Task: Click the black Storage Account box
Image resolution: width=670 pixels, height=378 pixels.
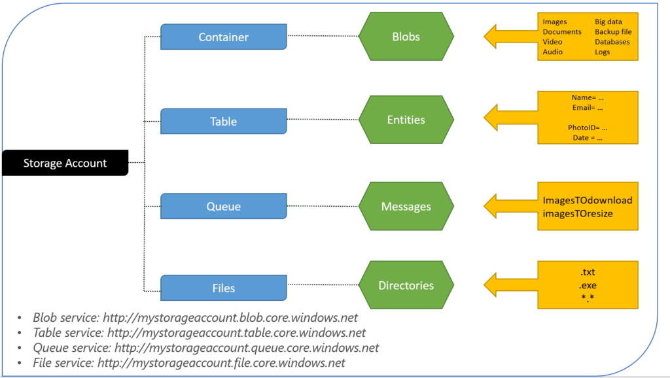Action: pyautogui.click(x=64, y=163)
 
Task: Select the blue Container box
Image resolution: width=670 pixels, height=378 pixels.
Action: pyautogui.click(x=223, y=37)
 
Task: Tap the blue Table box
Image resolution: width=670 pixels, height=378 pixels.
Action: pyautogui.click(x=223, y=122)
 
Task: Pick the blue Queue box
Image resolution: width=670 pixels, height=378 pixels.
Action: pyautogui.click(x=223, y=207)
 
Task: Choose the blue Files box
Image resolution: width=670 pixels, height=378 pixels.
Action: pyautogui.click(x=223, y=288)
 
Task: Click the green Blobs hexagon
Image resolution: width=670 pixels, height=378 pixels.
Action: pyautogui.click(x=406, y=37)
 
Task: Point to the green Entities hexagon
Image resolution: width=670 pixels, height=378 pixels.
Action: pyautogui.click(x=406, y=120)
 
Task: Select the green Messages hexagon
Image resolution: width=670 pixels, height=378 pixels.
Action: pyautogui.click(x=406, y=207)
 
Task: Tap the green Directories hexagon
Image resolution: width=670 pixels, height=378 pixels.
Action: pyautogui.click(x=406, y=286)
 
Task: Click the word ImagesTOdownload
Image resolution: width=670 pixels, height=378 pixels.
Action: pyautogui.click(x=587, y=200)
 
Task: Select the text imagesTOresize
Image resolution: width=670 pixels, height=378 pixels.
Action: pyautogui.click(x=578, y=214)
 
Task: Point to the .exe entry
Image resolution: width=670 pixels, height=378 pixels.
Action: pyautogui.click(x=588, y=286)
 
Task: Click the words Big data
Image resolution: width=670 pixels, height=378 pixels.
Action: pyautogui.click(x=608, y=22)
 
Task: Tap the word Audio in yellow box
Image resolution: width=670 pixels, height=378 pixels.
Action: pyautogui.click(x=552, y=52)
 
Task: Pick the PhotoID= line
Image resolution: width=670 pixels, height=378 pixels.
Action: pyautogui.click(x=587, y=128)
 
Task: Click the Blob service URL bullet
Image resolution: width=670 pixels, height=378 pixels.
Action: pyautogui.click(x=196, y=318)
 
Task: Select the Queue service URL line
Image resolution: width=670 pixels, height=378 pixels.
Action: pyautogui.click(x=205, y=348)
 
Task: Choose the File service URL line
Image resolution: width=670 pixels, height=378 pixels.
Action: pyautogui.click(x=189, y=363)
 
